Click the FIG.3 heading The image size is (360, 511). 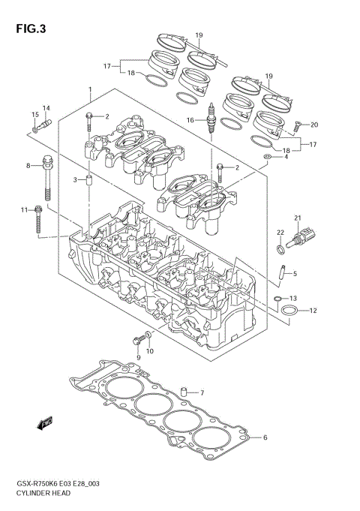30,29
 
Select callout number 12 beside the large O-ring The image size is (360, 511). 313,311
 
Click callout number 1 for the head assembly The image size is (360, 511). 90,89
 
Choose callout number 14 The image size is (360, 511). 46,108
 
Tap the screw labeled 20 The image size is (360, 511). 297,127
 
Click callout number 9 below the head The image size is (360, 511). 138,358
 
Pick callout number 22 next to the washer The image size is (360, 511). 280,233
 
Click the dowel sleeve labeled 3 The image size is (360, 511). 88,181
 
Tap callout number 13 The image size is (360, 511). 293,298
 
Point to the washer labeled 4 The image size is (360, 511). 268,157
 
